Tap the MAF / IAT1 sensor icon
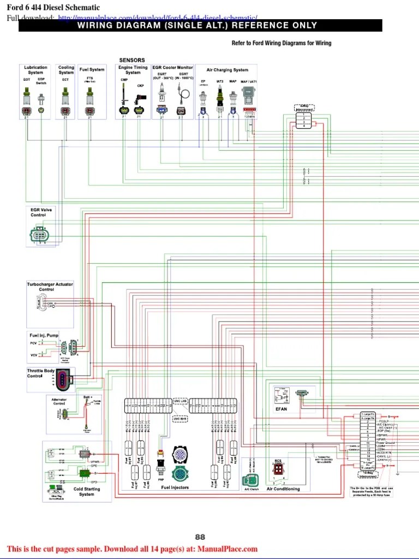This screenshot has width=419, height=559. [249, 99]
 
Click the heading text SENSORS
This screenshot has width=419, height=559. [132, 60]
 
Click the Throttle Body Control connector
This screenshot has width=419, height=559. [64, 380]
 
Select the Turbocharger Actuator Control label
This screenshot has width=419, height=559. [50, 287]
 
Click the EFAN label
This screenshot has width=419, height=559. [281, 409]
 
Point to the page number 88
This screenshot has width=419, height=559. [200, 537]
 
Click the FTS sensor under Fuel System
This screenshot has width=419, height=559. [90, 98]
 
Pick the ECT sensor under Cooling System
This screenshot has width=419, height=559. [65, 98]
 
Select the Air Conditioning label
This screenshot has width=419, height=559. [283, 489]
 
